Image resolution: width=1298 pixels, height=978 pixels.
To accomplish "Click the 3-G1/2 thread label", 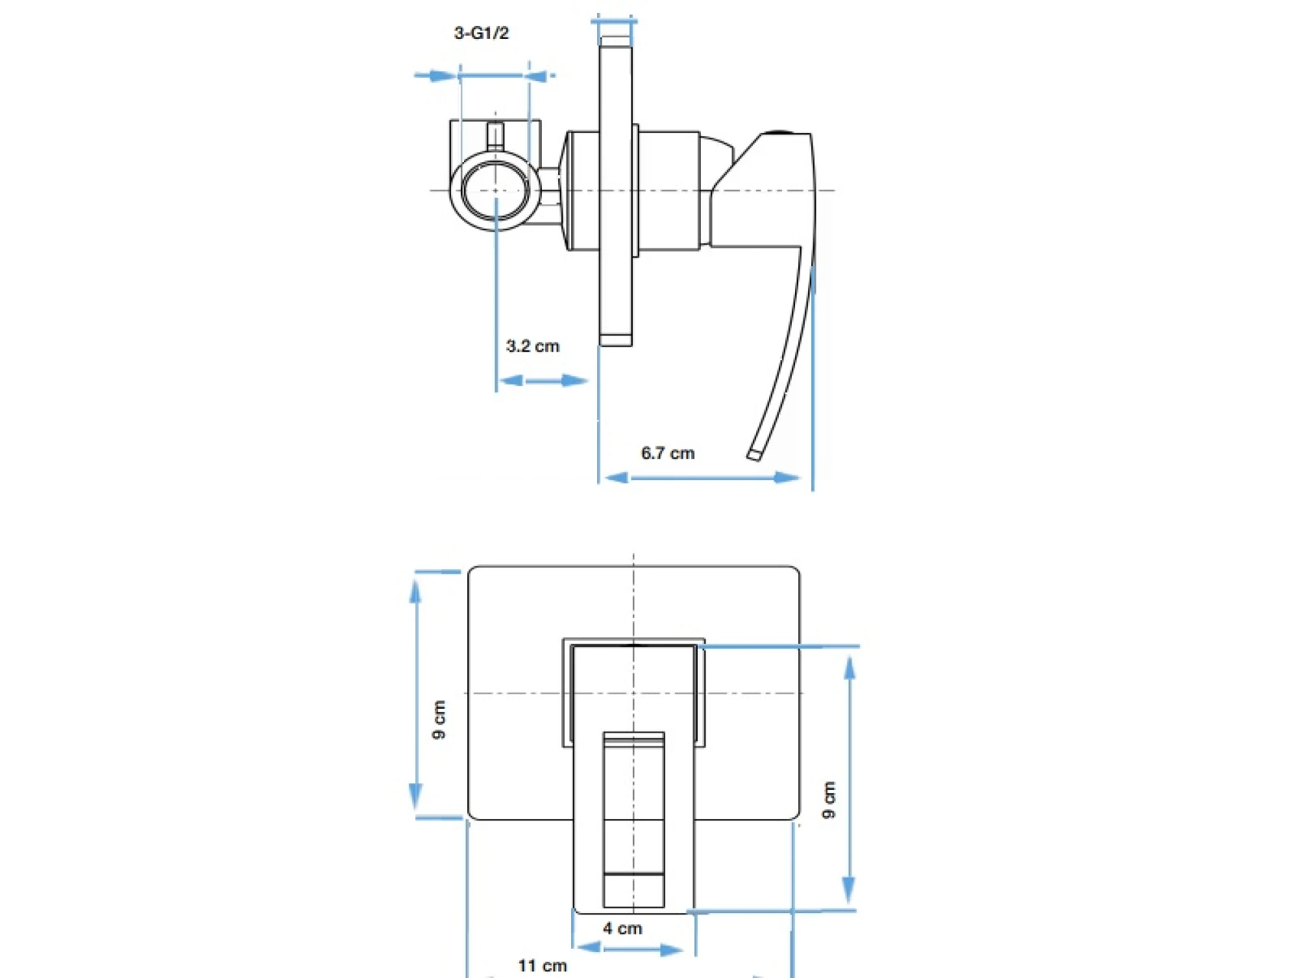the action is pyautogui.click(x=481, y=33).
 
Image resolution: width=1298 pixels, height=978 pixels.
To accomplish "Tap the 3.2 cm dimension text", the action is pyautogui.click(x=532, y=346).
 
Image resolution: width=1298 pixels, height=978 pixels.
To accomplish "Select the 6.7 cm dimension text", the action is pyautogui.click(x=668, y=453).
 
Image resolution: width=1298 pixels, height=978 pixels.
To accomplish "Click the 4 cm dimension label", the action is pyautogui.click(x=622, y=929).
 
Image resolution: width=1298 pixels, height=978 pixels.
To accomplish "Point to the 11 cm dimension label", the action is pyautogui.click(x=543, y=966).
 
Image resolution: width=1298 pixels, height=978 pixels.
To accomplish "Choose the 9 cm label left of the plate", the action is pyautogui.click(x=439, y=719).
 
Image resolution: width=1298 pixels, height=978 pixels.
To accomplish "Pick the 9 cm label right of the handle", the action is pyautogui.click(x=829, y=800).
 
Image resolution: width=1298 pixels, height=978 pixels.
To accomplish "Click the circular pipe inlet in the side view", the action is pyautogui.click(x=495, y=190).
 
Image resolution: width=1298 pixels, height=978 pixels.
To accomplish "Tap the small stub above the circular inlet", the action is pyautogui.click(x=495, y=136).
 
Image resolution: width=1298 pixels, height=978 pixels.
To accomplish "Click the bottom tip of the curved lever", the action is pyautogui.click(x=753, y=455).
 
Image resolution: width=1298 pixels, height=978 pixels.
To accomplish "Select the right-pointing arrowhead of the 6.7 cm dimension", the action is pyautogui.click(x=787, y=478).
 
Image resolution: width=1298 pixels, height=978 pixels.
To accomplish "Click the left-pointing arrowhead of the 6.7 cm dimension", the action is pyautogui.click(x=617, y=478).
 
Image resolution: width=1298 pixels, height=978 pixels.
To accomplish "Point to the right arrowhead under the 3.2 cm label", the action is pyautogui.click(x=574, y=380).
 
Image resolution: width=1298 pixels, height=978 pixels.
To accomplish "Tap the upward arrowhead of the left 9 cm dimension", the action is pyautogui.click(x=415, y=591).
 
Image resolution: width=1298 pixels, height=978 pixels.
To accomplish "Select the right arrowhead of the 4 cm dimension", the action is pyautogui.click(x=671, y=950).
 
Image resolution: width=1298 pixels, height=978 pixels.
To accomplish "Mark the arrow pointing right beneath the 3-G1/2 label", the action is pyautogui.click(x=435, y=76).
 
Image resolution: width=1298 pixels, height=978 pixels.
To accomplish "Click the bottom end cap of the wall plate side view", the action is pyautogui.click(x=615, y=340).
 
